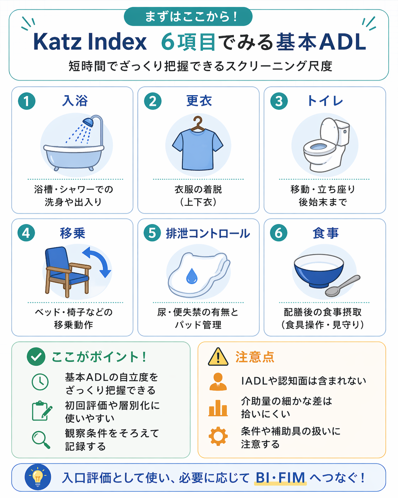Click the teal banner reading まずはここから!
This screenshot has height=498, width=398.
coord(188,17)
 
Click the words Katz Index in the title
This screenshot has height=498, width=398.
coord(90,42)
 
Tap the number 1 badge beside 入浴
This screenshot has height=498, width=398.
coord(27,101)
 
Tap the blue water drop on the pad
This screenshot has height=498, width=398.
coord(192,276)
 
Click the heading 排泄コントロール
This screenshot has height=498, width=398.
coord(208,233)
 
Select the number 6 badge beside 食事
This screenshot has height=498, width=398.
coord(279,233)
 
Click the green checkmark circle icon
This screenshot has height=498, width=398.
coord(36,357)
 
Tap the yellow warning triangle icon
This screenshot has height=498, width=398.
coord(218,357)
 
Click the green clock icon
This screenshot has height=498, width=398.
coord(40,382)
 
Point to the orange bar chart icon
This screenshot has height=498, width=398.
coord(218,408)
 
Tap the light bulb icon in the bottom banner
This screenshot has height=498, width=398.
coord(38,477)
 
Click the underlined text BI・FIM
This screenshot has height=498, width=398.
coord(280,478)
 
